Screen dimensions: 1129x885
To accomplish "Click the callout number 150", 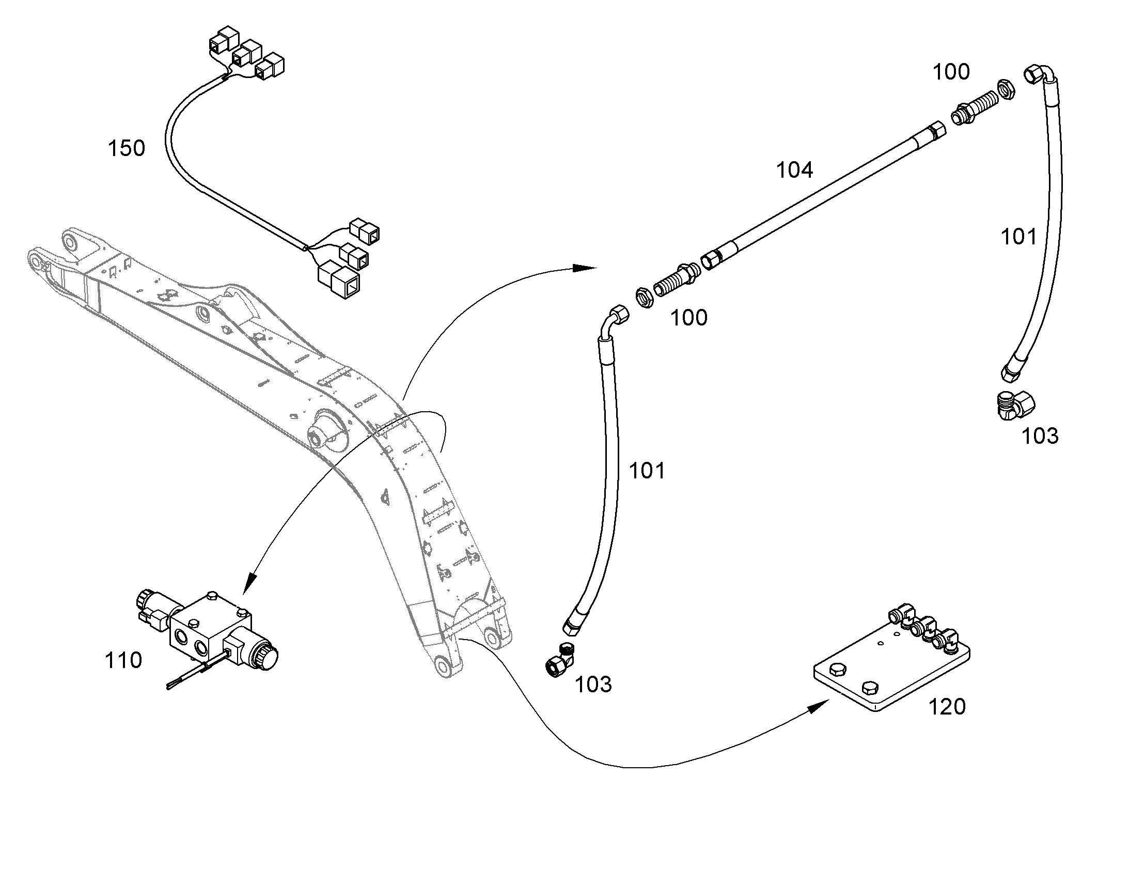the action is [126, 149].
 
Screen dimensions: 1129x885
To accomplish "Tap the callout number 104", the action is [794, 170].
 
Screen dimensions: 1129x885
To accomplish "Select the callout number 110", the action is [123, 661].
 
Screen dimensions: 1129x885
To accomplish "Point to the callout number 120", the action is [947, 707].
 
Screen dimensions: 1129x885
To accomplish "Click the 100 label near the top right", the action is [951, 72].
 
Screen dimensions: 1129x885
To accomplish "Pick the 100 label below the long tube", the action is [689, 318].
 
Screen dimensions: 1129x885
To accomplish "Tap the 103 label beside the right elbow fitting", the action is [1040, 436].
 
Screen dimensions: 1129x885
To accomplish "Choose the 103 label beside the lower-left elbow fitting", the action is [593, 685].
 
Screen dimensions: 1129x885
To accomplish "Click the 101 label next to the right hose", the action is [1018, 237].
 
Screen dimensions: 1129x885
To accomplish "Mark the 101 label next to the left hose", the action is [647, 471].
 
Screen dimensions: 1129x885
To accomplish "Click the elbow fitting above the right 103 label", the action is [1014, 405].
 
